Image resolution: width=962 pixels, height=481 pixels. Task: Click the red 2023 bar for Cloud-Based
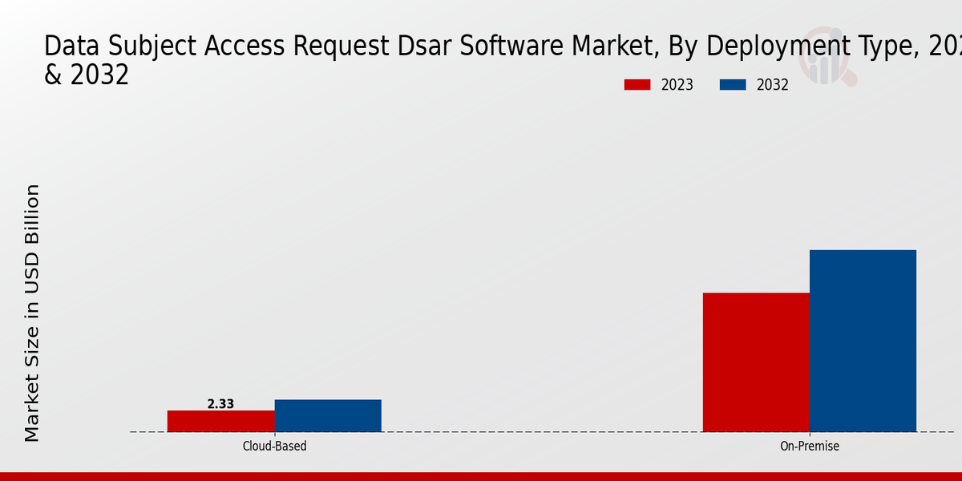point(220,421)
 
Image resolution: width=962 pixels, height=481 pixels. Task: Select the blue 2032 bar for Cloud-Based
point(328,415)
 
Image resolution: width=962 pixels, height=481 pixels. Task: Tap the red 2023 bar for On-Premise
point(756,362)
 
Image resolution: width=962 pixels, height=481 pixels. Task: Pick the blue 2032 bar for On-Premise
point(863,341)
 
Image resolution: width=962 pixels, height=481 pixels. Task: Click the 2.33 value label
point(220,404)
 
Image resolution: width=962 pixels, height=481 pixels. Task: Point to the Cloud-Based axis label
point(274,446)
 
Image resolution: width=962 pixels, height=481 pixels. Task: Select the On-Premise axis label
point(810,446)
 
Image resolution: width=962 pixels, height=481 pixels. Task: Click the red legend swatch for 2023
point(637,85)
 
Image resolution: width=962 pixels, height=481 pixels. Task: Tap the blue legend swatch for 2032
point(733,85)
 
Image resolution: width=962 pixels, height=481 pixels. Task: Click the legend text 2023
point(677,85)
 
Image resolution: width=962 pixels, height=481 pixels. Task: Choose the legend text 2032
point(773,85)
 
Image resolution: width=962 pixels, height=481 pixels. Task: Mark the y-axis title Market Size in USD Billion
point(32,313)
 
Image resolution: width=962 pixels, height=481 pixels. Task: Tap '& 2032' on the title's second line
point(87,75)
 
